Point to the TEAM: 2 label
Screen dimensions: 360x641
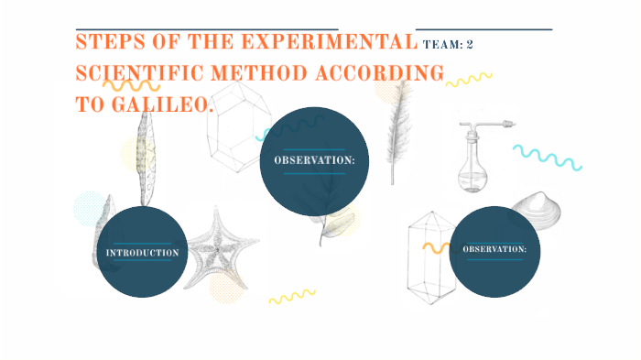click(448, 44)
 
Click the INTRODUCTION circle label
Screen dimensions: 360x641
click(142, 252)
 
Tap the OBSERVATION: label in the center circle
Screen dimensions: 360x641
click(314, 160)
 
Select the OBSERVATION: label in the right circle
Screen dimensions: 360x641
click(494, 249)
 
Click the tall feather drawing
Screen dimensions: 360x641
click(397, 128)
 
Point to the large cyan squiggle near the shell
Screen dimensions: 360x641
click(547, 157)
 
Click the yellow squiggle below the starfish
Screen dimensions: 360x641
click(291, 296)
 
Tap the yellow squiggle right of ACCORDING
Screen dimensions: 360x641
click(469, 80)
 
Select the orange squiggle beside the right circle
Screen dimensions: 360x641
click(435, 247)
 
